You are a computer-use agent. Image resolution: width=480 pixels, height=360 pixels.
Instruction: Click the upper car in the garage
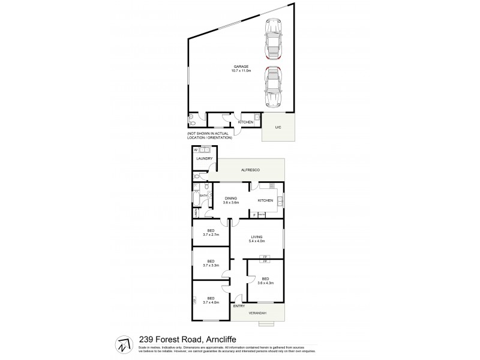[x=273, y=43]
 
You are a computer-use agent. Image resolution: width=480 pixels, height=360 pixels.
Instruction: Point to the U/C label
[x=277, y=127]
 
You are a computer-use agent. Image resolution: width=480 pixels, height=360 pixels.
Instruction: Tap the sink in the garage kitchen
[x=256, y=117]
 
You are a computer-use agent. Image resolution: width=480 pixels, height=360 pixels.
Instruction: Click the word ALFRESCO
[x=250, y=171]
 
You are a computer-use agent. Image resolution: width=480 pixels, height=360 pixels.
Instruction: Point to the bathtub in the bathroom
[x=196, y=195]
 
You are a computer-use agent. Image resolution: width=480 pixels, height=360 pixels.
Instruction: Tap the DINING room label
[x=231, y=198]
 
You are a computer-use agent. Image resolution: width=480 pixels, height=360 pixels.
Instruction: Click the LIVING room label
[x=259, y=237]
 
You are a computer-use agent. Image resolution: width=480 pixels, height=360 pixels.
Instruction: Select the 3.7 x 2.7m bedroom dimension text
[x=211, y=235]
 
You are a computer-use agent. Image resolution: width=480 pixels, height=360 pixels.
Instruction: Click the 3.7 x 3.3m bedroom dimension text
[x=211, y=265]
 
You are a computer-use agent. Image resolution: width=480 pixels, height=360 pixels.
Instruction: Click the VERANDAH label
[x=258, y=313]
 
